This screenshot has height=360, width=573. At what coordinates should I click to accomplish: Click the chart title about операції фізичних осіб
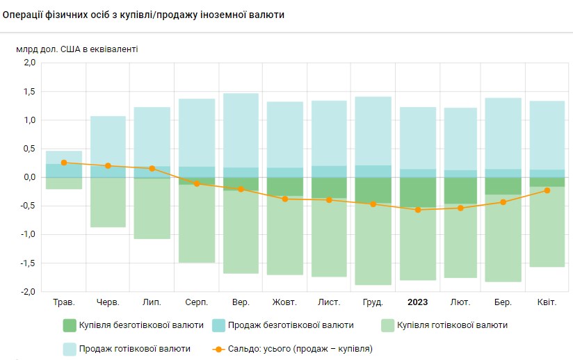click(x=144, y=15)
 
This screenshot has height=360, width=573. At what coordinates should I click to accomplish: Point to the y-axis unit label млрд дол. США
click(x=77, y=49)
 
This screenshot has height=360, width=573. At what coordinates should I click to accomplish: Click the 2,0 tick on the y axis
click(x=29, y=63)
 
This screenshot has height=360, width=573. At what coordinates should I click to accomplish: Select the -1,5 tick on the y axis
click(x=27, y=263)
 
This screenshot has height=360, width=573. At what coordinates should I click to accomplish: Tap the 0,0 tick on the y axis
click(x=29, y=177)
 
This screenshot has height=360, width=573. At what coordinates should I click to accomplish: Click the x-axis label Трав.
click(x=64, y=302)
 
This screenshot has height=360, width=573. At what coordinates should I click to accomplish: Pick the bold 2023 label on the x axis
click(x=418, y=302)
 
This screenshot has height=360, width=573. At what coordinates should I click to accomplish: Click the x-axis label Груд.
click(x=373, y=302)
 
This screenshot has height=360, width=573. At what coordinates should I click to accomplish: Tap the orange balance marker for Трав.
click(x=64, y=163)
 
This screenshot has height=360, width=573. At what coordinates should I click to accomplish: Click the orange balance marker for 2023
click(x=418, y=209)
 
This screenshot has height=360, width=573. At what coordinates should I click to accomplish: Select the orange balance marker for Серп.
click(x=197, y=183)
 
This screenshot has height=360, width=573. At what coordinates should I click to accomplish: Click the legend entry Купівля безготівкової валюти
click(x=134, y=325)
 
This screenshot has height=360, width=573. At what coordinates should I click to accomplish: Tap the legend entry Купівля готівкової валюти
click(x=445, y=325)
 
